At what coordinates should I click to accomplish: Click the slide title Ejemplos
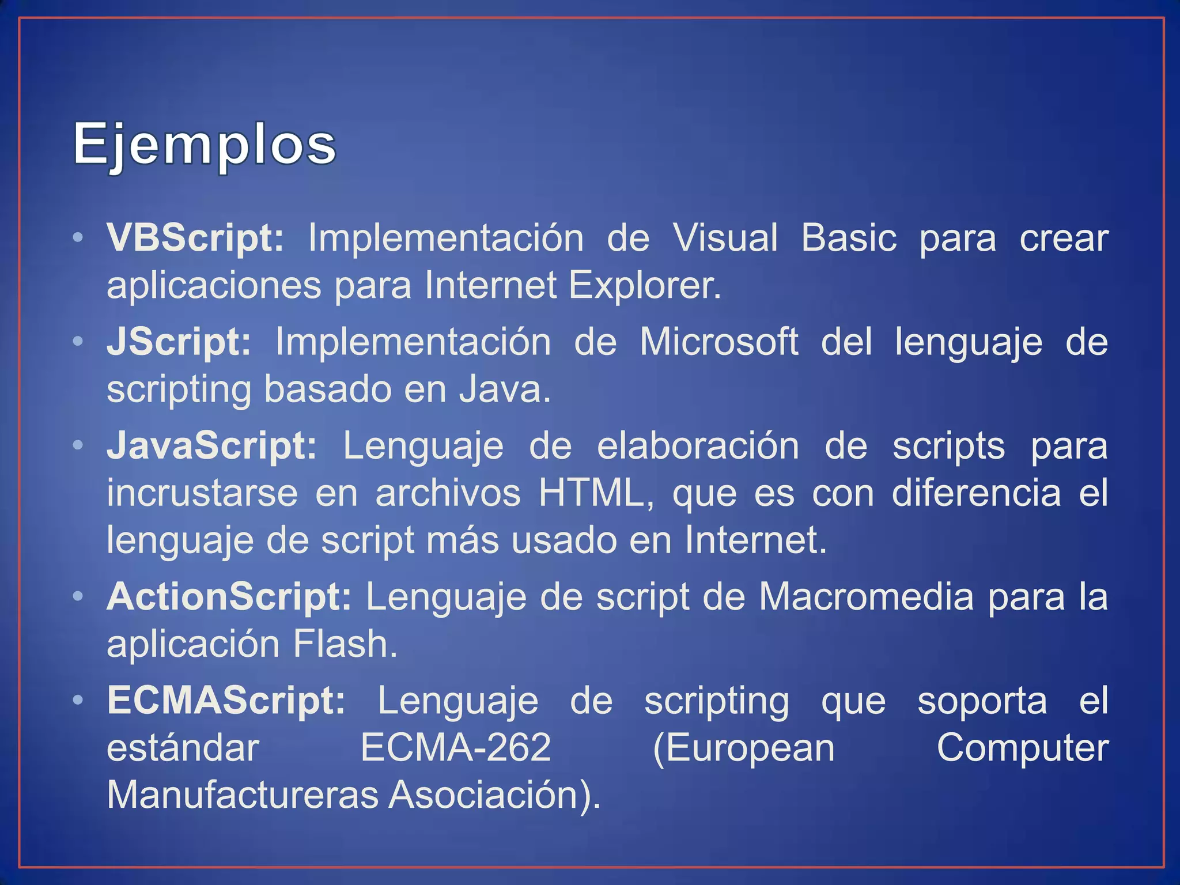point(205,144)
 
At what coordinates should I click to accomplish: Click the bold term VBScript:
point(195,238)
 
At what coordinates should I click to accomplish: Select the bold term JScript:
point(179,342)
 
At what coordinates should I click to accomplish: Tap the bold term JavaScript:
point(211,446)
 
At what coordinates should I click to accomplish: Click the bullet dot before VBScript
point(78,238)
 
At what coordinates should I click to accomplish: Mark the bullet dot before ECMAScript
point(78,701)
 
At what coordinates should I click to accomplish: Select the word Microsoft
point(719,342)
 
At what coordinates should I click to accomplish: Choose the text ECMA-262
point(456,748)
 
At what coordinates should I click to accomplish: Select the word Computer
point(1022,748)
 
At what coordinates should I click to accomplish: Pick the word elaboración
point(698,446)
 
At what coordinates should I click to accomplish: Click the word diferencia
point(976,493)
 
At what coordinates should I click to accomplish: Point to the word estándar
point(183,748)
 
